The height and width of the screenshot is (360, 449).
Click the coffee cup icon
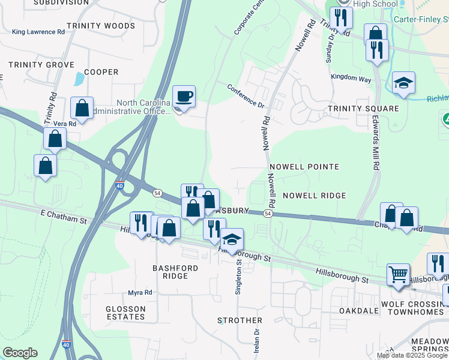(x=184, y=96)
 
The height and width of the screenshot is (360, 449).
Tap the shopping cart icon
(x=397, y=274)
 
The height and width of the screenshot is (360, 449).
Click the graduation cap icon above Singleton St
(x=231, y=239)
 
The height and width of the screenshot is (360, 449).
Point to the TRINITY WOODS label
(x=101, y=26)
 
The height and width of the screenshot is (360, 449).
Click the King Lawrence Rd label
(x=38, y=31)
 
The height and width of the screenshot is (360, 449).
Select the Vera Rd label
(x=65, y=123)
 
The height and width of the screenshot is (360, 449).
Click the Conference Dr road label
(x=246, y=95)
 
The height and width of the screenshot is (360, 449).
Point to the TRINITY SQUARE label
(x=363, y=109)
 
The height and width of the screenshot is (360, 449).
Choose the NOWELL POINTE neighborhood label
(x=304, y=166)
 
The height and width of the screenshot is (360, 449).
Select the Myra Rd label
(x=140, y=292)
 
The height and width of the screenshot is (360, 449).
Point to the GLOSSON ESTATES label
(x=125, y=312)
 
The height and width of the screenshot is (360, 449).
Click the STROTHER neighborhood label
(x=240, y=320)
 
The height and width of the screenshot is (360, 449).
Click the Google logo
(x=20, y=353)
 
